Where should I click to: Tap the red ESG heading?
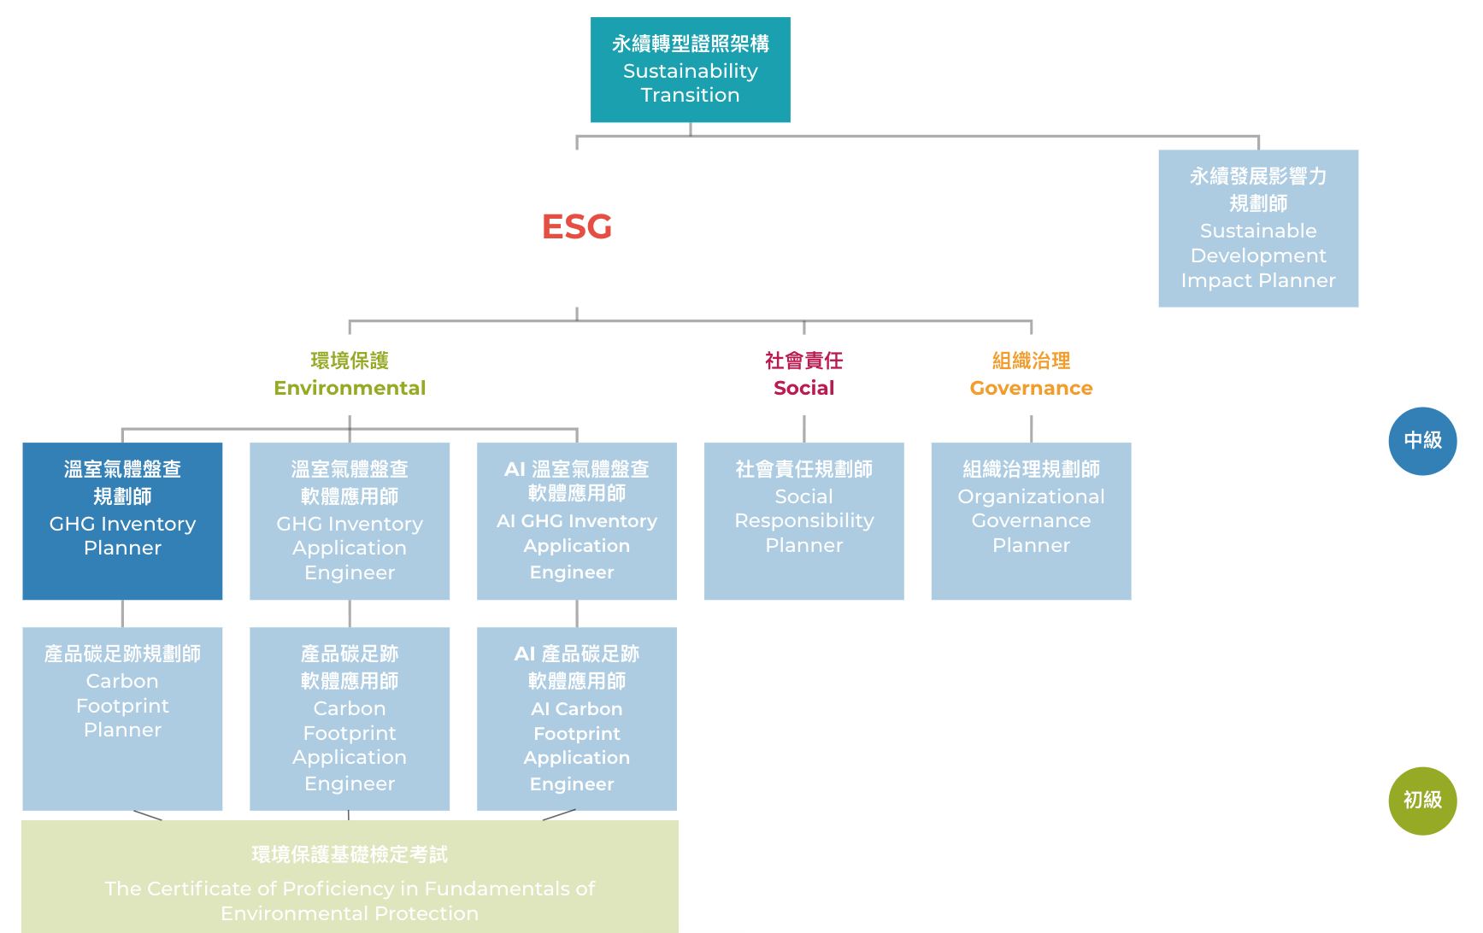(x=577, y=226)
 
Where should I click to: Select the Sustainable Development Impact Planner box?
(x=1257, y=228)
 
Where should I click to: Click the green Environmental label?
(x=350, y=387)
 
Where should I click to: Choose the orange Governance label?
(x=1031, y=387)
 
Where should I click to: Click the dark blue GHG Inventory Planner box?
(x=122, y=520)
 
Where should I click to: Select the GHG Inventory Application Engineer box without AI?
(x=350, y=520)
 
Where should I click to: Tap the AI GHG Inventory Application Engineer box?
(x=577, y=520)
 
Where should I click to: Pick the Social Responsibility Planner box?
(x=803, y=520)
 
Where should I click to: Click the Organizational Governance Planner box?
(x=1031, y=520)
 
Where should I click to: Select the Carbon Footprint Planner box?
(x=122, y=718)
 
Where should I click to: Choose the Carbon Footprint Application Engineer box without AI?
(x=350, y=718)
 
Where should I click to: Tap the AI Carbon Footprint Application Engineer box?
(x=577, y=718)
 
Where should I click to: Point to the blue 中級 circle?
(x=1422, y=441)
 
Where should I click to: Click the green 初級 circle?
(x=1422, y=801)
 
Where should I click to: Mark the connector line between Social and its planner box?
(x=803, y=428)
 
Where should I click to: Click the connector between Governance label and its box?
(x=1031, y=428)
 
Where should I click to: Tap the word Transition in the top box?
(x=690, y=95)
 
